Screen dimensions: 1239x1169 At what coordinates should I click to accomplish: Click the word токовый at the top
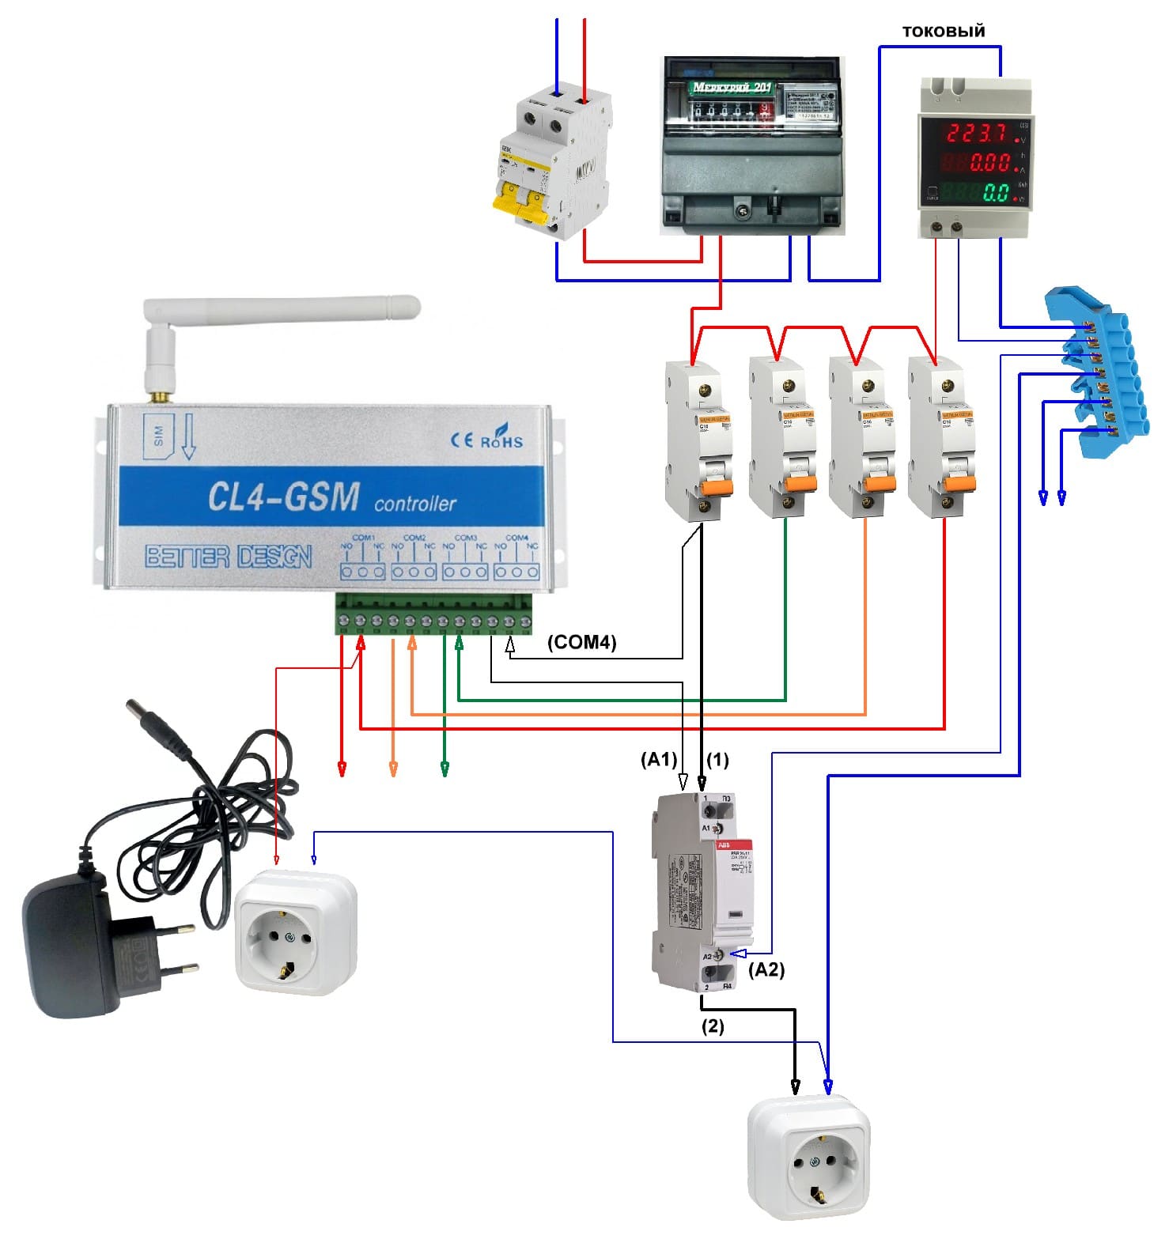pos(944,31)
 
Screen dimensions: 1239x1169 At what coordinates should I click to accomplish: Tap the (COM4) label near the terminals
pos(581,642)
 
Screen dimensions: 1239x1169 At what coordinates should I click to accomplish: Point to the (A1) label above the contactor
pos(659,760)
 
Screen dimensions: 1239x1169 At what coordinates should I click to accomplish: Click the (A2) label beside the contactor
pos(766,969)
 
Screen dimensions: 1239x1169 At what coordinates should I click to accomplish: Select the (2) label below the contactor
pos(713,1026)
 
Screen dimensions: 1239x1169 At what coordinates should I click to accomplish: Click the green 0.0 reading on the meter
pos(996,192)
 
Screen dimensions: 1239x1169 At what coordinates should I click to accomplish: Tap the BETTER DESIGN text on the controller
pos(229,557)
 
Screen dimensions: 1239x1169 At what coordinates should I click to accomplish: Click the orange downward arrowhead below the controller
pos(393,769)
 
